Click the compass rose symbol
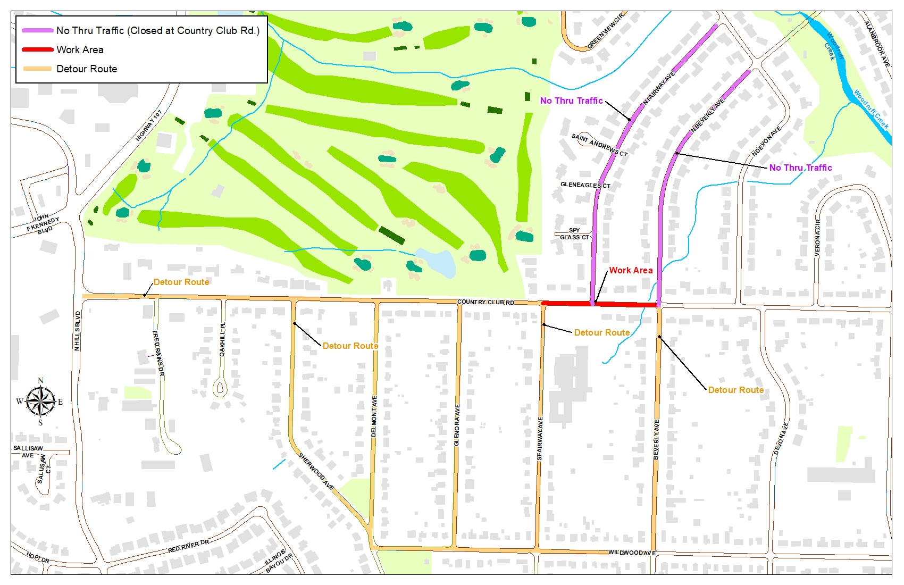point(40,402)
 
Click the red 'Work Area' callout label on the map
point(631,270)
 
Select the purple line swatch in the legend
point(37,30)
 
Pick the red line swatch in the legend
point(37,49)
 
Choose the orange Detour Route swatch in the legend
point(37,69)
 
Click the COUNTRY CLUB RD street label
point(486,302)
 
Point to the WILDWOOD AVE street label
point(632,553)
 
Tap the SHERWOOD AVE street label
point(316,471)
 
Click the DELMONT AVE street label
point(374,416)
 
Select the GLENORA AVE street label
point(457,425)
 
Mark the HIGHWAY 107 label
point(148,126)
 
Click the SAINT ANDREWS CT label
point(599,145)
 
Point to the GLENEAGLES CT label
point(585,185)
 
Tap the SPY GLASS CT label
point(574,234)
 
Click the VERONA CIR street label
point(817,238)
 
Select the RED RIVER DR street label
point(188,546)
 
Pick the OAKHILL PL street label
point(222,340)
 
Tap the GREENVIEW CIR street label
point(605,31)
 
